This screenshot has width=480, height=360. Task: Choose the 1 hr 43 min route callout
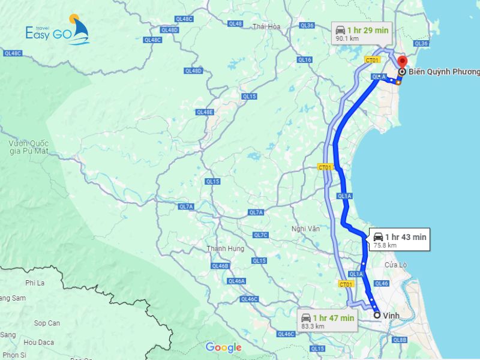[x=399, y=240]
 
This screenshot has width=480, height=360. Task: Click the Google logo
[x=223, y=347]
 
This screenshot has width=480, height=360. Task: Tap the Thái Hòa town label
[x=266, y=26]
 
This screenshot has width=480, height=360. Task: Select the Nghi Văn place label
[x=305, y=229]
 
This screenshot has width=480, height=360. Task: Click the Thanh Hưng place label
[x=225, y=248]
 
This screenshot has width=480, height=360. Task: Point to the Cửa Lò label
[x=396, y=265]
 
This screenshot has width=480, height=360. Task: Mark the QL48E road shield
[x=205, y=112]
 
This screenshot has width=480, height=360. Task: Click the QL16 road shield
[x=305, y=59]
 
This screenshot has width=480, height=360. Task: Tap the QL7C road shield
[x=260, y=235]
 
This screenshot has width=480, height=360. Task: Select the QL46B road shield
[x=220, y=266]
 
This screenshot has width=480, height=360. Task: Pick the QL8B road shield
[x=400, y=340]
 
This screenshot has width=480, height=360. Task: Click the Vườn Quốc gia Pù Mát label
[x=28, y=147]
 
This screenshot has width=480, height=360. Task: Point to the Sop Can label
[x=47, y=323]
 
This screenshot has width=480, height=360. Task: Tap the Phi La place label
[x=35, y=283]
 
